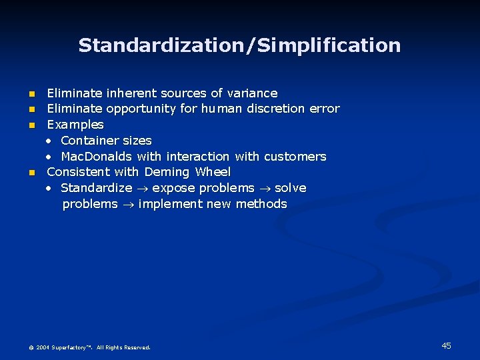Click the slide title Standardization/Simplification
coord(239,45)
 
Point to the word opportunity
coord(141,109)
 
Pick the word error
coord(325,109)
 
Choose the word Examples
coord(75,125)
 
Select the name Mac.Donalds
coord(97,157)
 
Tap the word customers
coord(295,157)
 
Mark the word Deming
coord(167,172)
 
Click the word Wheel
coord(213,172)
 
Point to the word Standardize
coord(96,188)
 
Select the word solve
coord(291,188)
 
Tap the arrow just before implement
coord(128,205)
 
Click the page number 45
coord(446,345)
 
